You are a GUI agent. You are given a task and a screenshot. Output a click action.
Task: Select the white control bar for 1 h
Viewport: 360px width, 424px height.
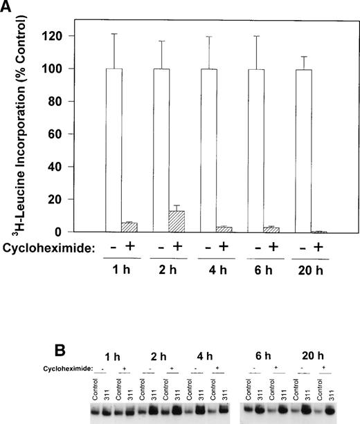(116, 150)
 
